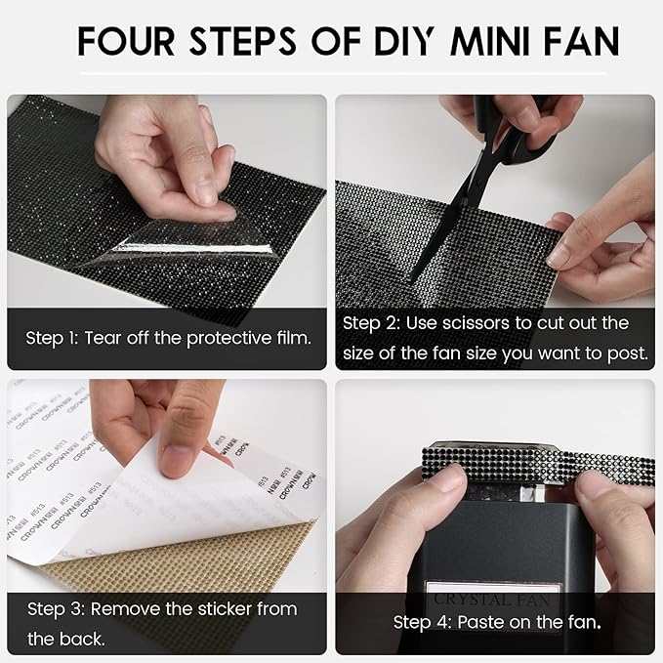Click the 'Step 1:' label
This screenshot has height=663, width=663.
click(x=53, y=339)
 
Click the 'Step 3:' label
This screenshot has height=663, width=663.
click(x=55, y=609)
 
